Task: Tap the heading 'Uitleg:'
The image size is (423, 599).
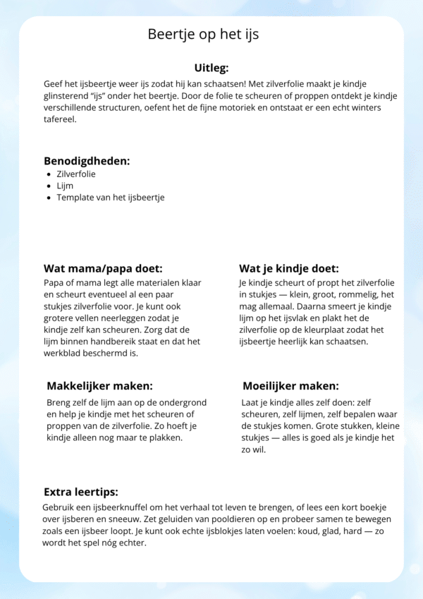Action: pyautogui.click(x=211, y=68)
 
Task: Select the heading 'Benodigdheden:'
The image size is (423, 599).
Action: pyautogui.click(x=87, y=160)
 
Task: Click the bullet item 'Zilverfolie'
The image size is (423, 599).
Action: pyautogui.click(x=76, y=174)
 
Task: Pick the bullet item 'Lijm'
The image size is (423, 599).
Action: pyautogui.click(x=65, y=186)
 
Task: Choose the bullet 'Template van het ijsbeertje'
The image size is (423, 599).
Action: pyautogui.click(x=111, y=198)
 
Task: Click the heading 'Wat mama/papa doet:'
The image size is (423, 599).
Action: pyautogui.click(x=103, y=268)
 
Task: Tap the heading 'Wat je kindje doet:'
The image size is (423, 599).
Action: pyautogui.click(x=289, y=268)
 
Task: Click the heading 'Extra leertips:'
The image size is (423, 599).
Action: pyautogui.click(x=81, y=491)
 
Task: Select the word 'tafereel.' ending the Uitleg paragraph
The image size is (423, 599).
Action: pyautogui.click(x=61, y=119)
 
